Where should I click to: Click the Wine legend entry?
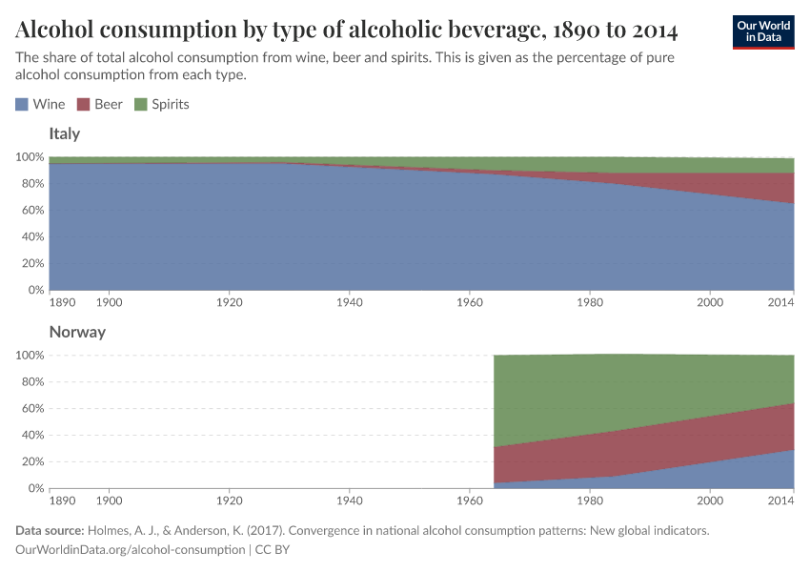click(x=40, y=104)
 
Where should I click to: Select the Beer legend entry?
click(x=99, y=104)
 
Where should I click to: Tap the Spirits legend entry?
click(x=162, y=104)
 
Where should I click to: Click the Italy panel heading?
click(x=64, y=133)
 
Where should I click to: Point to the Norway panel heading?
click(x=77, y=332)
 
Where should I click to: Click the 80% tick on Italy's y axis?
click(x=31, y=183)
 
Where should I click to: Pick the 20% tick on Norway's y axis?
click(x=31, y=461)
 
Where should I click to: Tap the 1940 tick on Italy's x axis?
click(x=349, y=302)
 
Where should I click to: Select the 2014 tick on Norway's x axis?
click(x=780, y=500)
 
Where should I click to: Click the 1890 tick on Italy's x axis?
click(x=62, y=302)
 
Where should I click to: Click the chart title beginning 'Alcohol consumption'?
click(x=347, y=31)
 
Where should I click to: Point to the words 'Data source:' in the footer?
click(x=50, y=530)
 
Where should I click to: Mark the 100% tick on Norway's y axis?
click(x=29, y=355)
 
